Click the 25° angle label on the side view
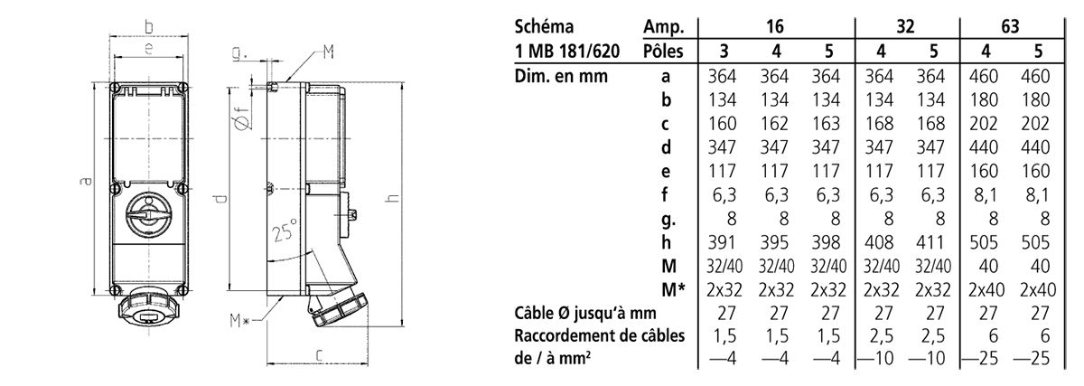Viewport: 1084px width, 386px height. pyautogui.click(x=284, y=230)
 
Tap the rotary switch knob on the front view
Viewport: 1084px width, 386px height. pyautogui.click(x=148, y=213)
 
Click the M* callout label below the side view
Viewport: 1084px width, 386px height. pyautogui.click(x=239, y=320)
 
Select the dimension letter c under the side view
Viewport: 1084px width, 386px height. pyautogui.click(x=318, y=355)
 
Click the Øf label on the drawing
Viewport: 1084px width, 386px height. pyautogui.click(x=241, y=118)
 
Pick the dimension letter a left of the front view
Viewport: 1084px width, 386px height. pyautogui.click(x=85, y=181)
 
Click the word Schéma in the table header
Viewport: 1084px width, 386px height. pyautogui.click(x=544, y=26)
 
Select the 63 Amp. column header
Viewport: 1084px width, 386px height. pyautogui.click(x=1011, y=26)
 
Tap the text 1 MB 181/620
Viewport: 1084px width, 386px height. pyautogui.click(x=567, y=51)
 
